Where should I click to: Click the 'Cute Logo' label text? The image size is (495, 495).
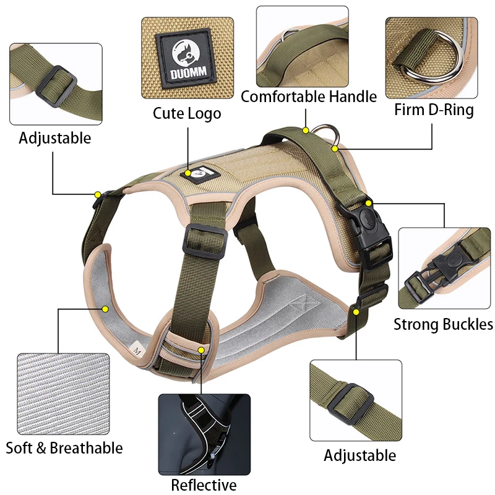click(x=187, y=114)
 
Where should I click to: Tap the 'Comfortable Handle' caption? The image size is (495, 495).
click(x=308, y=97)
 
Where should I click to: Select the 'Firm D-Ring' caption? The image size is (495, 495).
click(x=434, y=110)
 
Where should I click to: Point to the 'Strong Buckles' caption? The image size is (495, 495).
click(x=443, y=324)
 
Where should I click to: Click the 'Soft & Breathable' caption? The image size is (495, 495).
click(x=64, y=447)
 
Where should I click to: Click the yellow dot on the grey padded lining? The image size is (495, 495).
click(x=105, y=308)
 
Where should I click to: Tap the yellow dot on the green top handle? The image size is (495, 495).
click(x=305, y=131)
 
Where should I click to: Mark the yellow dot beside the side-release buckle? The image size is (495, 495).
click(x=369, y=203)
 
